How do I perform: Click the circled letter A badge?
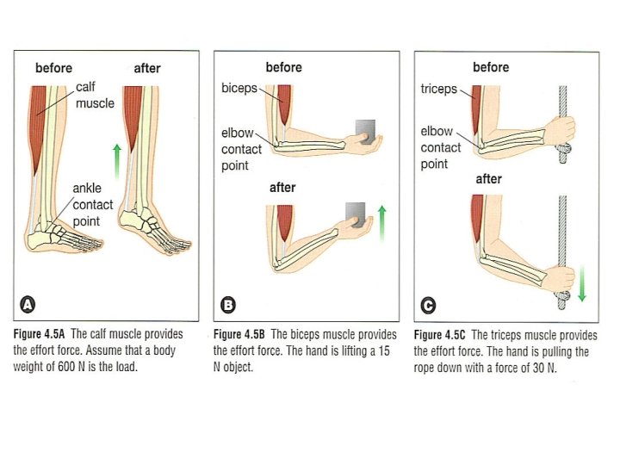click(x=28, y=304)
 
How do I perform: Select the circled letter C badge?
click(x=428, y=304)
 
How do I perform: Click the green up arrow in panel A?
click(x=117, y=161)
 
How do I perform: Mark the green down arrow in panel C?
click(x=582, y=285)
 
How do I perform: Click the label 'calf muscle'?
click(x=94, y=95)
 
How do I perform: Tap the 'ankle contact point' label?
click(x=92, y=205)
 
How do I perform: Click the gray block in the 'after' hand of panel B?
click(x=356, y=213)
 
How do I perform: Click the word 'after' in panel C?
click(x=488, y=180)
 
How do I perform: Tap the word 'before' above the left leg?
click(x=53, y=67)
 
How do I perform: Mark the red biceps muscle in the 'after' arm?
click(x=283, y=225)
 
